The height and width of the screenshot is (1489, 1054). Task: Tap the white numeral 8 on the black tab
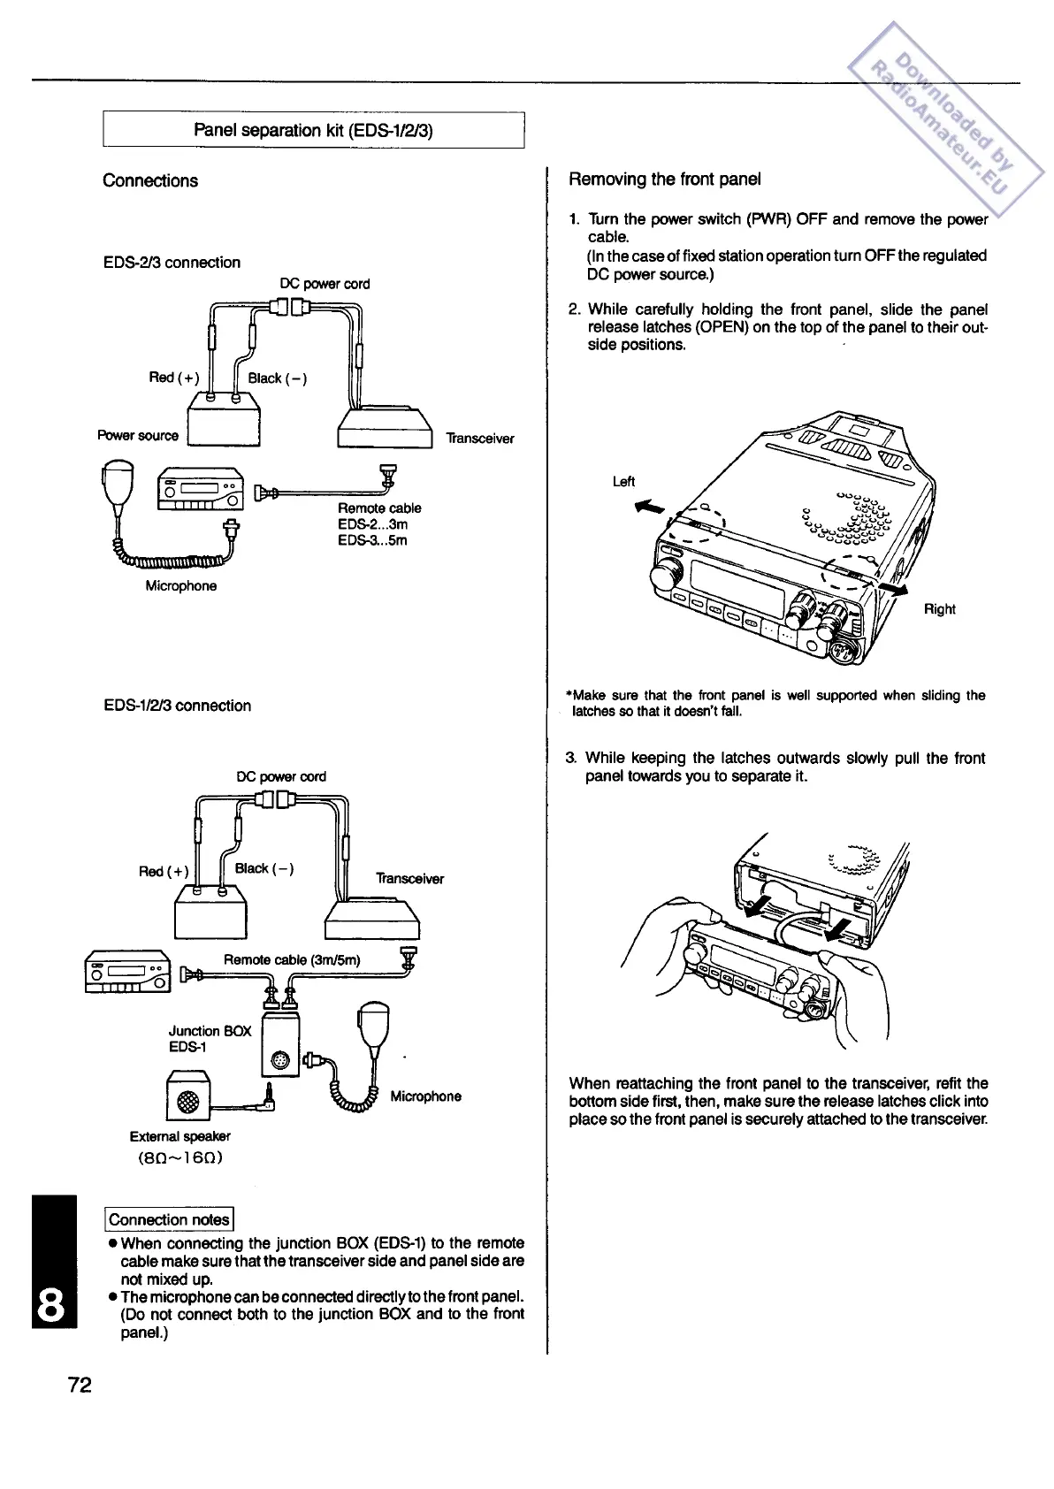54,1304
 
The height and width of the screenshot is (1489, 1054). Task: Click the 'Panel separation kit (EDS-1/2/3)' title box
314,131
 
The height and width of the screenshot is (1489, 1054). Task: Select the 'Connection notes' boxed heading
169,1220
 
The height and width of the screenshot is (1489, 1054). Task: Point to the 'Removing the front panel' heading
665,179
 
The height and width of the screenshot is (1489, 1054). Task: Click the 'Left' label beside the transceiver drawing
623,482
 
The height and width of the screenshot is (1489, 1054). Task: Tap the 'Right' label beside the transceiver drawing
939,609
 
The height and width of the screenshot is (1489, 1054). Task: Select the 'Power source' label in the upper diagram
138,436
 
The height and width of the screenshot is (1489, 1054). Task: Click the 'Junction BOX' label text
210,1031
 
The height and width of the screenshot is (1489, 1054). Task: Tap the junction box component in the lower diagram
282,1043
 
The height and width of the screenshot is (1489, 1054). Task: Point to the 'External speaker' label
180,1136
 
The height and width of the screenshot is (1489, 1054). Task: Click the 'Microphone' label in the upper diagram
181,586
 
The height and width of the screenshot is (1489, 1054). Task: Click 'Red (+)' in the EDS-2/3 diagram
174,378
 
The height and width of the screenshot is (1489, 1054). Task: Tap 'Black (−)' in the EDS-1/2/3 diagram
264,868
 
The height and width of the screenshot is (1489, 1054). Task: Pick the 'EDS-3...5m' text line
372,540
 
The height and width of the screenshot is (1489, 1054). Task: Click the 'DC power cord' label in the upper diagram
325,284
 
